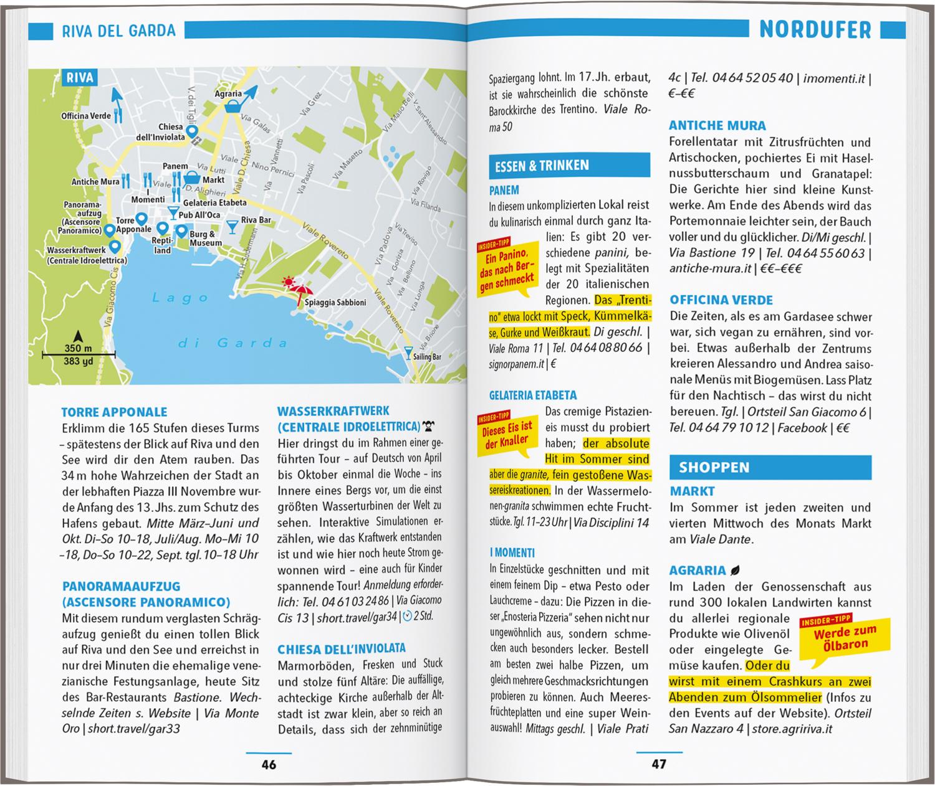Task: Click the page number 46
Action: click(269, 764)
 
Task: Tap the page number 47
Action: click(658, 764)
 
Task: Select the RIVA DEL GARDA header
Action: click(118, 31)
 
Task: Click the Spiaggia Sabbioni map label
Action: click(335, 303)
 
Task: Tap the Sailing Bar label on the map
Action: click(427, 357)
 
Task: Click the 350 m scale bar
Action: click(79, 355)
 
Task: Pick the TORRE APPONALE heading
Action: click(115, 412)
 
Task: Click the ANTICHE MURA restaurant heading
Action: click(717, 125)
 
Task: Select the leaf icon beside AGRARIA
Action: click(736, 570)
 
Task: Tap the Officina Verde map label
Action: click(86, 116)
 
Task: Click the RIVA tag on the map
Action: click(80, 78)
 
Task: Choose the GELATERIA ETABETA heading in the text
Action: click(533, 395)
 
